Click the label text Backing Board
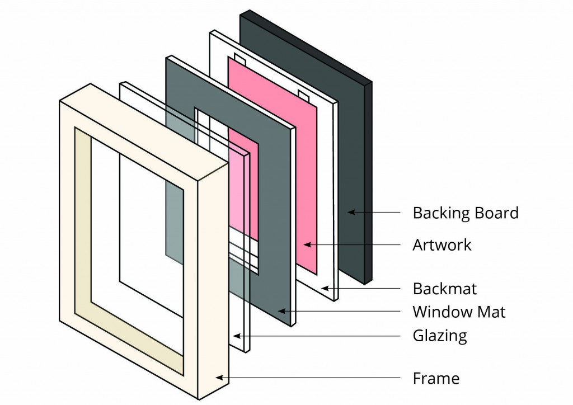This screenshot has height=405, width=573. tap(465, 213)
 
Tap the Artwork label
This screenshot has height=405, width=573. tap(442, 245)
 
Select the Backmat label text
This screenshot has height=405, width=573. tap(444, 289)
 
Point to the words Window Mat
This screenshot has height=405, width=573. tap(459, 312)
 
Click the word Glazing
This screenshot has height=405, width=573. tap(439, 336)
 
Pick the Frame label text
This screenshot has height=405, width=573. tap(436, 378)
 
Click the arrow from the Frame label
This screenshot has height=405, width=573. tap(308, 378)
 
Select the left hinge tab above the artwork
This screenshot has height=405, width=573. tap(239, 58)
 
